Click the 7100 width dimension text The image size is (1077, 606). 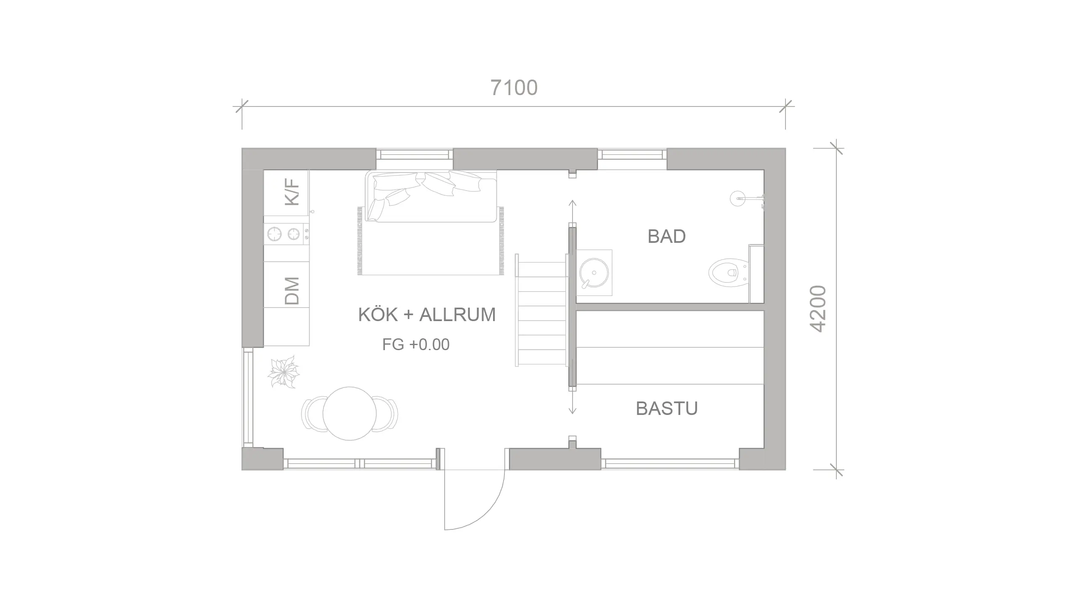point(514,88)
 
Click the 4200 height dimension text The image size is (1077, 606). point(818,309)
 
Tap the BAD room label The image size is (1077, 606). point(667,237)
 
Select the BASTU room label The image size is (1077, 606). point(667,408)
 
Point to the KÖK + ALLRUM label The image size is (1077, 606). point(427,314)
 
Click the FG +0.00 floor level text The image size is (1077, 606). point(416,345)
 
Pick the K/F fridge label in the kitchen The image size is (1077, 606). point(292,192)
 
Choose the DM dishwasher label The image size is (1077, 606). point(292,291)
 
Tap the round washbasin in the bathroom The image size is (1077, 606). point(594,272)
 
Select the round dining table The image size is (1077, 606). point(350,413)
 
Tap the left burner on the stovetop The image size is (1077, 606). point(274,234)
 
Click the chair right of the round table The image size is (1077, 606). point(385,414)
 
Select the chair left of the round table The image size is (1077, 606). point(314,414)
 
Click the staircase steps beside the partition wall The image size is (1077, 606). point(541,310)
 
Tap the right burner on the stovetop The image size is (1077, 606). point(294,234)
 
